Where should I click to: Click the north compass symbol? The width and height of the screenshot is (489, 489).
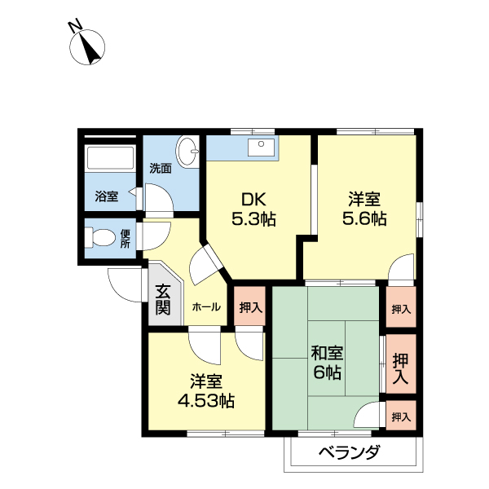point(87,47)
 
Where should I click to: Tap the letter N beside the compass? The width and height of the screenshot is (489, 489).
point(76,26)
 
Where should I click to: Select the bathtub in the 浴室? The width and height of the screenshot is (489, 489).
point(110,158)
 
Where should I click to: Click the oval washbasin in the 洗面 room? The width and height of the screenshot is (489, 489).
point(187,152)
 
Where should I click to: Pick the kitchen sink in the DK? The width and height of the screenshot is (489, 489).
point(261,147)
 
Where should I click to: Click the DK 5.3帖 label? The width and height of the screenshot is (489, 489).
point(253,209)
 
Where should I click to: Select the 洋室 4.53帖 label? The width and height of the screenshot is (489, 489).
point(206,391)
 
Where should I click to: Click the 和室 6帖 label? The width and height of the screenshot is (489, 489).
point(327,363)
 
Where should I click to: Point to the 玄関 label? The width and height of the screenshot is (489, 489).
point(164,299)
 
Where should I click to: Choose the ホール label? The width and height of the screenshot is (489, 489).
point(206,307)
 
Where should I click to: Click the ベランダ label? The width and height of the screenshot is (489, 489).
point(350,452)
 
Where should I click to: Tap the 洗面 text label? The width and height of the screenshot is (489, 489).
point(161,169)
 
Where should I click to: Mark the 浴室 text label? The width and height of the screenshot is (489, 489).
point(107,196)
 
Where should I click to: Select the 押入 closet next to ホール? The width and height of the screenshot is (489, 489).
point(250,306)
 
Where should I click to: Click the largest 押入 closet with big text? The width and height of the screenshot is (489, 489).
point(401,363)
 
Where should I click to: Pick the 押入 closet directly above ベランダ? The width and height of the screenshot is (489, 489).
point(401,416)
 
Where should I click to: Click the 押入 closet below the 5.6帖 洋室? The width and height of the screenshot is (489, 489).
point(401,307)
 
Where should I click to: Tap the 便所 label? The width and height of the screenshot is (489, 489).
point(125,239)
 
